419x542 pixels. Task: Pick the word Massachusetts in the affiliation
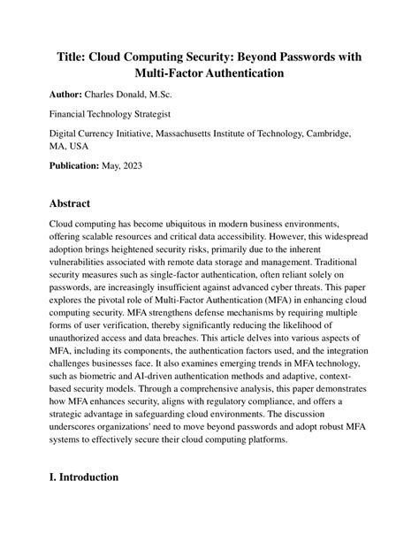pyautogui.click(x=215, y=134)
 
